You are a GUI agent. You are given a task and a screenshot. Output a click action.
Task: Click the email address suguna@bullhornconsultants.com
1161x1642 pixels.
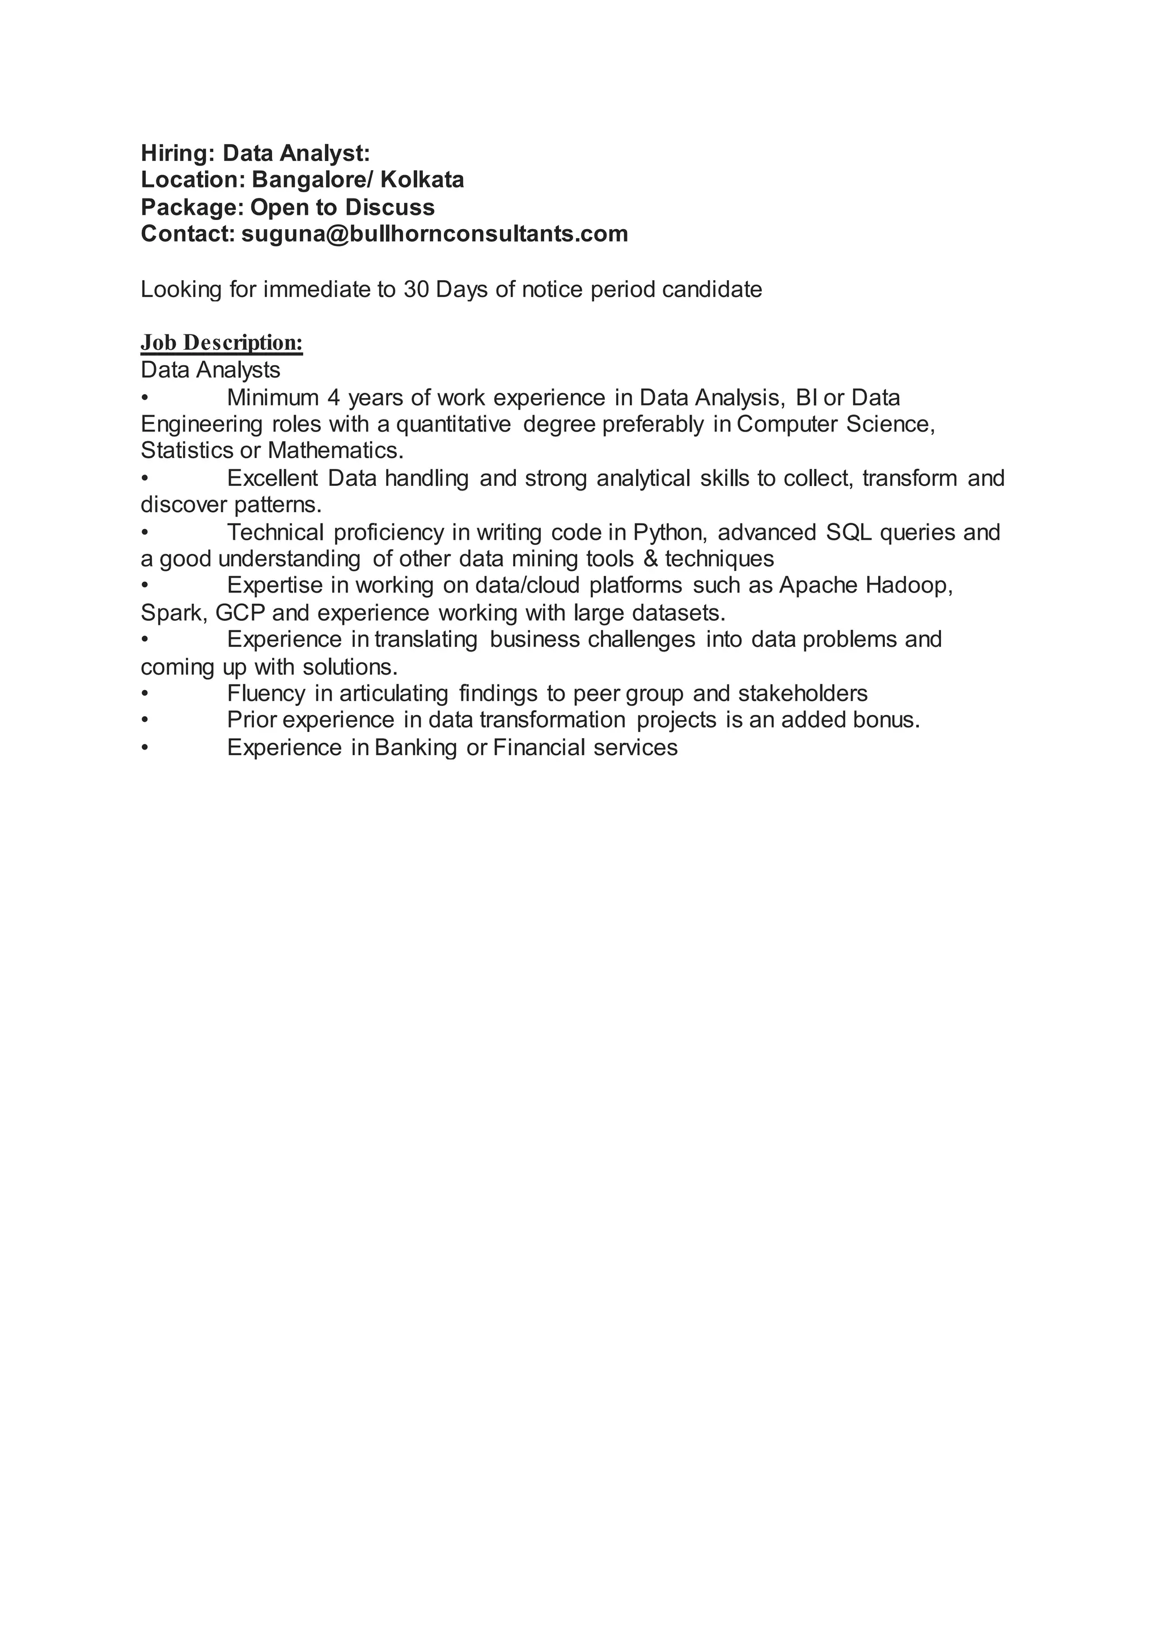coord(435,234)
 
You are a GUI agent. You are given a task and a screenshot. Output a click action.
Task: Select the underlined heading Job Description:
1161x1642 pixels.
coord(222,342)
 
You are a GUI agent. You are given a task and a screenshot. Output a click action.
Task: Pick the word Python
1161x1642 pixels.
coord(671,533)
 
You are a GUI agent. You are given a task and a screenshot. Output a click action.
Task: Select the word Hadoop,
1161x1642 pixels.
coord(909,586)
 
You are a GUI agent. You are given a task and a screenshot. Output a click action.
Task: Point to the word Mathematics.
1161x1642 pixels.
coord(336,451)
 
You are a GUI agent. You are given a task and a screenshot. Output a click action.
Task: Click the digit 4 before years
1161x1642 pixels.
coord(333,397)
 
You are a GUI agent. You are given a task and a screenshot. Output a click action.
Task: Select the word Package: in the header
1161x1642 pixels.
coord(192,208)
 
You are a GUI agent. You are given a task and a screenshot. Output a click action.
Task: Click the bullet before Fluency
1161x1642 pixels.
coord(145,693)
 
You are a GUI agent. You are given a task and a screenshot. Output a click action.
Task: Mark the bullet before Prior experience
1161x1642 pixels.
coord(145,720)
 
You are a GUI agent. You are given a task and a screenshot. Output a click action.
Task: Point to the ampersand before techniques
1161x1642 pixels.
coord(651,558)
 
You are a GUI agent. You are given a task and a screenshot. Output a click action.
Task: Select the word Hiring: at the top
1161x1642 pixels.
coord(178,153)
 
